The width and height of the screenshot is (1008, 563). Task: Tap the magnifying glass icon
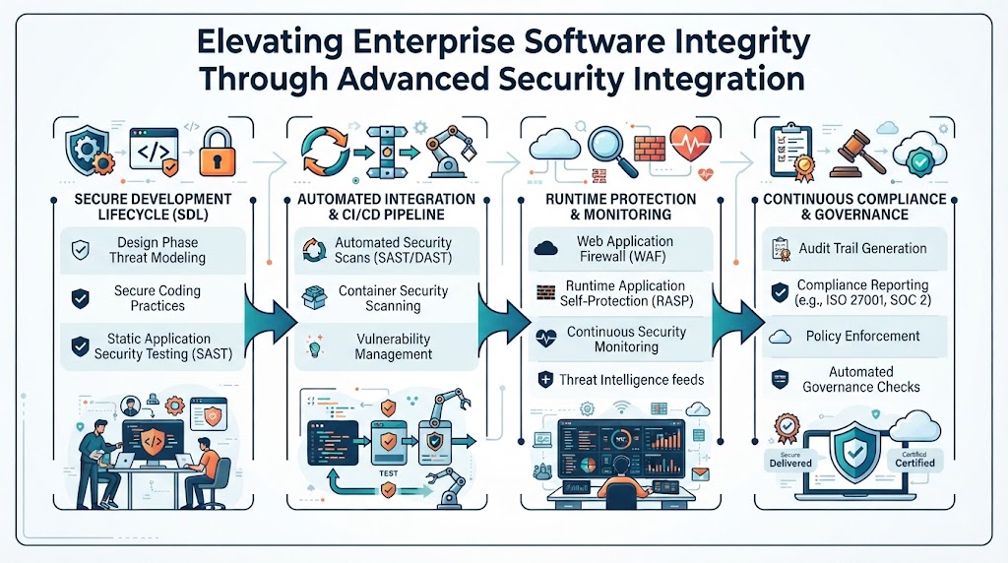pos(612,151)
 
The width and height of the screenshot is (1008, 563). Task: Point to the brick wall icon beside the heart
pos(650,149)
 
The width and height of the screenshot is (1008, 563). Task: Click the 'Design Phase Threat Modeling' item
pos(157,250)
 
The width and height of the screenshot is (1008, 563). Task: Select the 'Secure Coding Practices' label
pos(157,298)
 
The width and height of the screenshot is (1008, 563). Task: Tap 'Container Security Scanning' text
pos(394,298)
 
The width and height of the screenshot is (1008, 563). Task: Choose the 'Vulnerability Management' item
pos(394,346)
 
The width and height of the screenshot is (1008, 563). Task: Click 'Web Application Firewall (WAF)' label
pos(625,249)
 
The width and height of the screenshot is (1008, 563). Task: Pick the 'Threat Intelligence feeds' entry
pos(631,380)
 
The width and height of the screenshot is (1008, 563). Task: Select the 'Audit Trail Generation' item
pos(862,249)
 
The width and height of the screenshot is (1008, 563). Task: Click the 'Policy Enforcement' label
pos(862,337)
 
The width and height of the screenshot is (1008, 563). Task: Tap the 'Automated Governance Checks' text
pos(860,379)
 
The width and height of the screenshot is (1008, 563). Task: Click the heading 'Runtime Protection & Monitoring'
pos(620,207)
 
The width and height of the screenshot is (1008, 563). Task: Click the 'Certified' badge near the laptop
pos(914,461)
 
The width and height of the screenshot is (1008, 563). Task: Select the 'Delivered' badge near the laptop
pos(790,461)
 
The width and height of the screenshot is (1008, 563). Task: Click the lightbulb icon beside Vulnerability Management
pos(314,347)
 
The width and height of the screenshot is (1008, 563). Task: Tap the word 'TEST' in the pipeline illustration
pos(388,473)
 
